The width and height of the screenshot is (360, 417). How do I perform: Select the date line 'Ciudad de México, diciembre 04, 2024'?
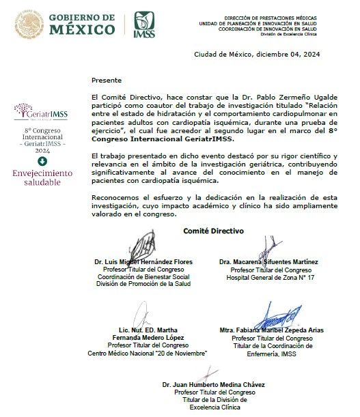(x=257, y=54)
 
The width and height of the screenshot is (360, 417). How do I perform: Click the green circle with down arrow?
(x=42, y=161)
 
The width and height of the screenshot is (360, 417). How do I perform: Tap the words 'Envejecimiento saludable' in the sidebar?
(x=43, y=177)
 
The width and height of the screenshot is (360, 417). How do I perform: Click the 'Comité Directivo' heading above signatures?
(x=213, y=231)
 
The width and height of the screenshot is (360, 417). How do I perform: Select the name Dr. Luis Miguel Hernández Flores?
(x=143, y=262)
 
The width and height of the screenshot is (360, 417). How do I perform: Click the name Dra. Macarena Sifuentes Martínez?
(x=268, y=262)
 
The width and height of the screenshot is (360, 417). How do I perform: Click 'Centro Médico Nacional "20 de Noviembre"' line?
(x=148, y=353)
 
